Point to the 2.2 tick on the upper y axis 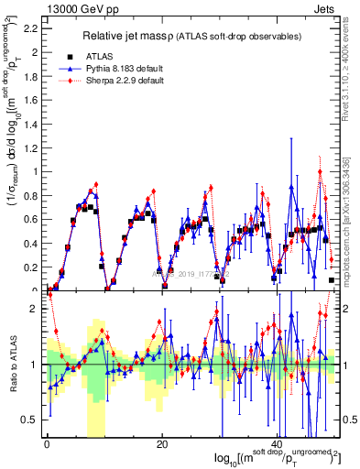click(x=33, y=29)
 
